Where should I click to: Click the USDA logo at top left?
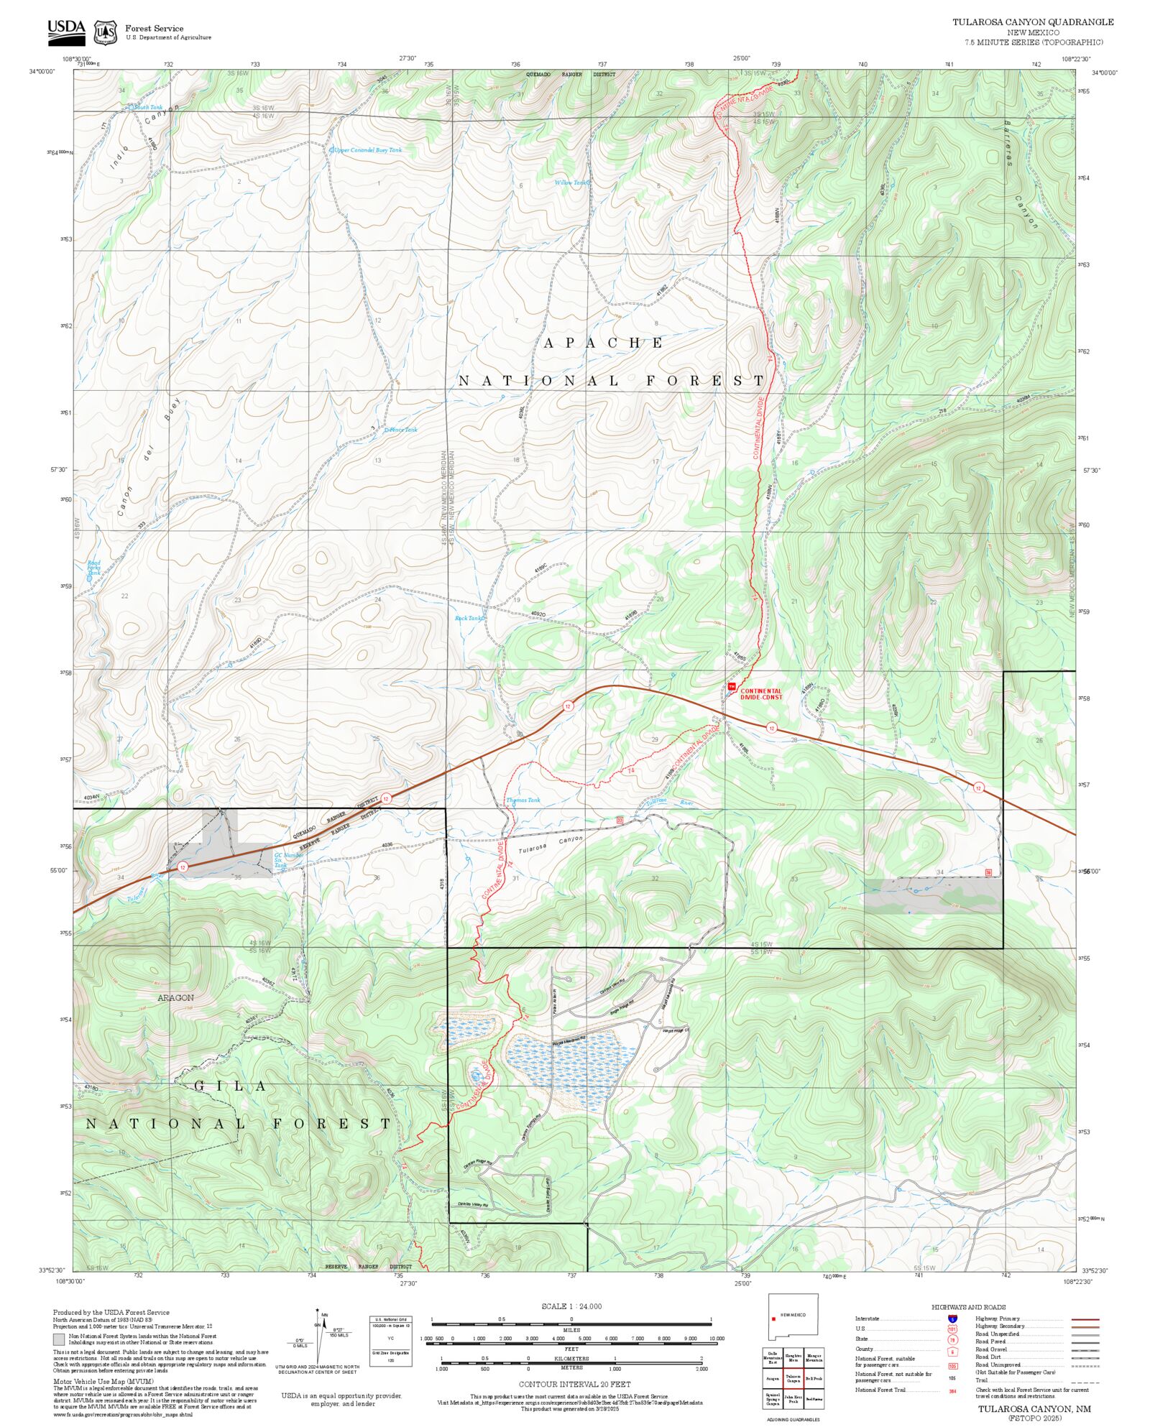pyautogui.click(x=66, y=31)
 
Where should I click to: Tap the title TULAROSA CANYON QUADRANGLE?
pyautogui.click(x=1033, y=22)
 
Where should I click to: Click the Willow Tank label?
pyautogui.click(x=571, y=183)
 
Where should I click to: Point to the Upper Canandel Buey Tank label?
pyautogui.click(x=367, y=150)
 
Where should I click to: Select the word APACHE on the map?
pyautogui.click(x=603, y=343)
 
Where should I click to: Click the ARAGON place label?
pyautogui.click(x=176, y=997)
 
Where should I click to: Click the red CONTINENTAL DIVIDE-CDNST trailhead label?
pyautogui.click(x=760, y=693)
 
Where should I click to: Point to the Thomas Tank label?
pyautogui.click(x=523, y=800)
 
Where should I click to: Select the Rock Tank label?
pyautogui.click(x=469, y=618)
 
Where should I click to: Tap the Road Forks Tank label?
pyautogui.click(x=94, y=568)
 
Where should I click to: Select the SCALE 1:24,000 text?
pyautogui.click(x=571, y=1306)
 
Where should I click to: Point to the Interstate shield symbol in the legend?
pyautogui.click(x=952, y=1319)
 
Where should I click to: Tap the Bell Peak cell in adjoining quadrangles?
pyautogui.click(x=814, y=1379)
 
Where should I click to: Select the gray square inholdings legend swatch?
pyautogui.click(x=59, y=1339)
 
